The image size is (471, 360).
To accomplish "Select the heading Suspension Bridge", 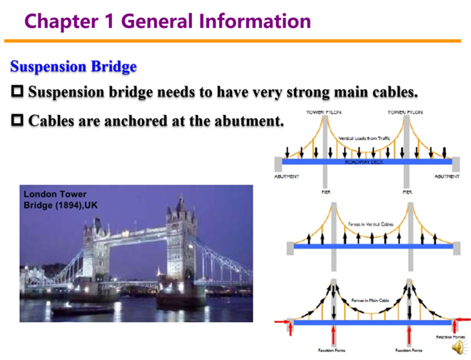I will (x=74, y=67).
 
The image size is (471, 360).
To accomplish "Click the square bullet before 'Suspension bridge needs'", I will (x=18, y=92).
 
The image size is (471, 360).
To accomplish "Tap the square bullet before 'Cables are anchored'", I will (x=18, y=121).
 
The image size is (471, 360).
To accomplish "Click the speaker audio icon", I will (x=458, y=347).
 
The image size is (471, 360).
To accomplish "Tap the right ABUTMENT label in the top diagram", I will (x=447, y=176).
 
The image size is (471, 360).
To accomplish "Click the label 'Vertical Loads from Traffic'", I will (x=365, y=137).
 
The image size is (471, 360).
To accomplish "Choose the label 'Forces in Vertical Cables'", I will (x=370, y=224).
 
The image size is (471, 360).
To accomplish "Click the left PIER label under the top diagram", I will (x=325, y=191).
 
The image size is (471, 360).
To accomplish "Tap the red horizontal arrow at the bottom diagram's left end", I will (x=282, y=323).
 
